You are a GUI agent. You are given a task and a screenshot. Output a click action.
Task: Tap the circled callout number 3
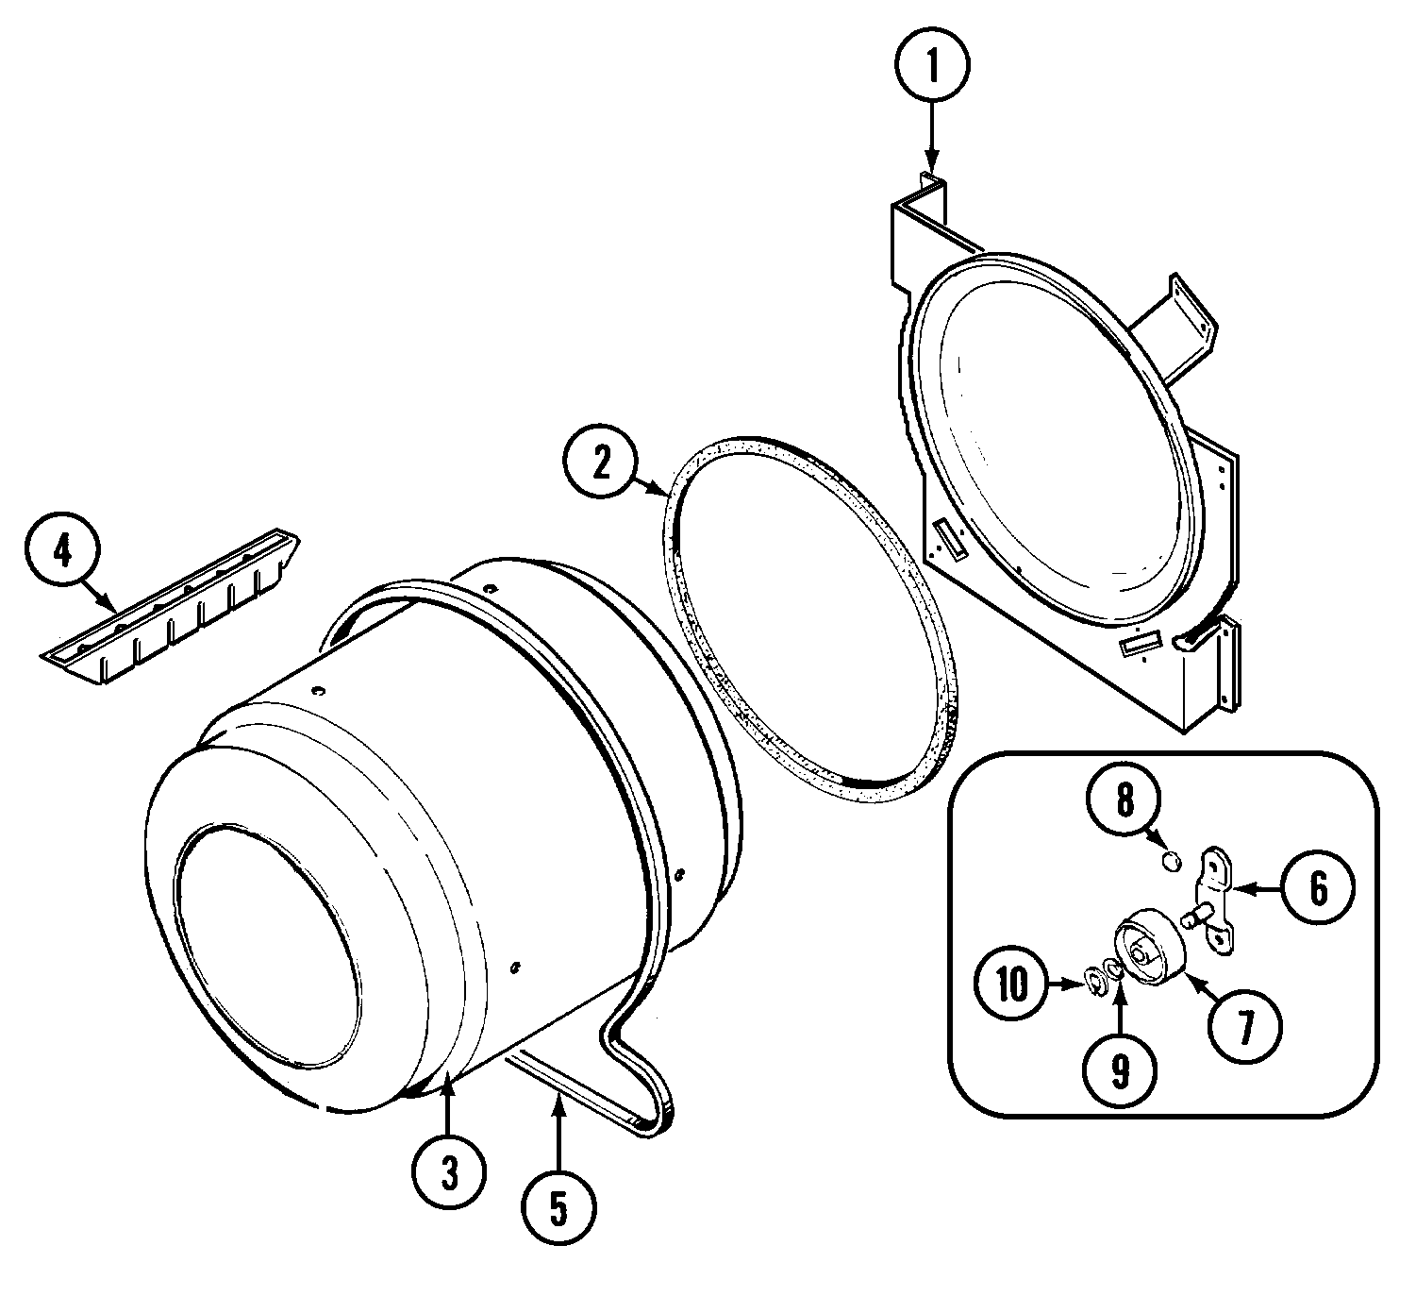(448, 1173)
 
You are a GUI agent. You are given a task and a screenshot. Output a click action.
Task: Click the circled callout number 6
(1318, 887)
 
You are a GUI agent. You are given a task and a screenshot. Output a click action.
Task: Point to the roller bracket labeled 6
(1214, 897)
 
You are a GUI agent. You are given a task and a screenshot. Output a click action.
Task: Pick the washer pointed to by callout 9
(1114, 972)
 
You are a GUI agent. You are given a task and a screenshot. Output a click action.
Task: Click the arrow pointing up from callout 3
(448, 1104)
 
